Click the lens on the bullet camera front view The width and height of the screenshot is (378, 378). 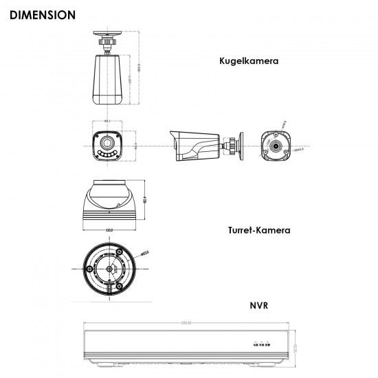(x=106, y=144)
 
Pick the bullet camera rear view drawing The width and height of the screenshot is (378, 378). (x=276, y=146)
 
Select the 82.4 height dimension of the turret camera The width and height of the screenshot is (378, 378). (x=146, y=200)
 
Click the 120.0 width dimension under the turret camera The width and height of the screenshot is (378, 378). (x=109, y=230)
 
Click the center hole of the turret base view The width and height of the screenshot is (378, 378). (x=109, y=269)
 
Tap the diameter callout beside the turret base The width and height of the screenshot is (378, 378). (x=146, y=253)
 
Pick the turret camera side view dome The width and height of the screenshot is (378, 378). (x=109, y=199)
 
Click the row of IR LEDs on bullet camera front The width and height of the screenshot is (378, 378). (x=106, y=157)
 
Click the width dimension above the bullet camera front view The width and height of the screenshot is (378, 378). (x=107, y=122)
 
